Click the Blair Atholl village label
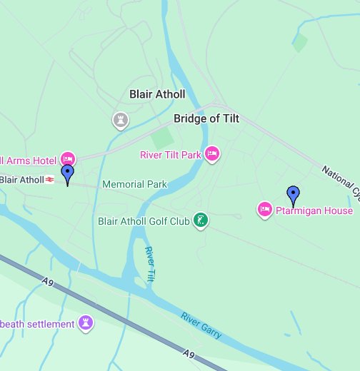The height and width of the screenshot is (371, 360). point(157,94)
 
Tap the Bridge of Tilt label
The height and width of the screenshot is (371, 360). point(206,119)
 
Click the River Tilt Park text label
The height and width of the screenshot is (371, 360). point(170,154)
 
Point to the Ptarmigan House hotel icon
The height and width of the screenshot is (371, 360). point(264,210)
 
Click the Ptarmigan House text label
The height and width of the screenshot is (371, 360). point(314,210)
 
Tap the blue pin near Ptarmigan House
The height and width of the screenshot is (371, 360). point(293,194)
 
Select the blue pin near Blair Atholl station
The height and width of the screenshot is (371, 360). point(68,173)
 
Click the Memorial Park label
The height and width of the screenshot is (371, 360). point(134,184)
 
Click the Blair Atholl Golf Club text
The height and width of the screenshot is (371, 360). point(144,221)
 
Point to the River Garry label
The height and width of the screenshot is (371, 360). point(201,325)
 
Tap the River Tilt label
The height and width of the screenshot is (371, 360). point(150,264)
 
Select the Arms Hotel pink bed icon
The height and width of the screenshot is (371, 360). point(68,158)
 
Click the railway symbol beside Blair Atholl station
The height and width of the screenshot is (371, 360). point(50,179)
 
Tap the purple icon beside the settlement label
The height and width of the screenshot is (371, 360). point(86,324)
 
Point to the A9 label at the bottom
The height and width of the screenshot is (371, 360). point(189,353)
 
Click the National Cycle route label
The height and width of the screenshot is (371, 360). point(339,181)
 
